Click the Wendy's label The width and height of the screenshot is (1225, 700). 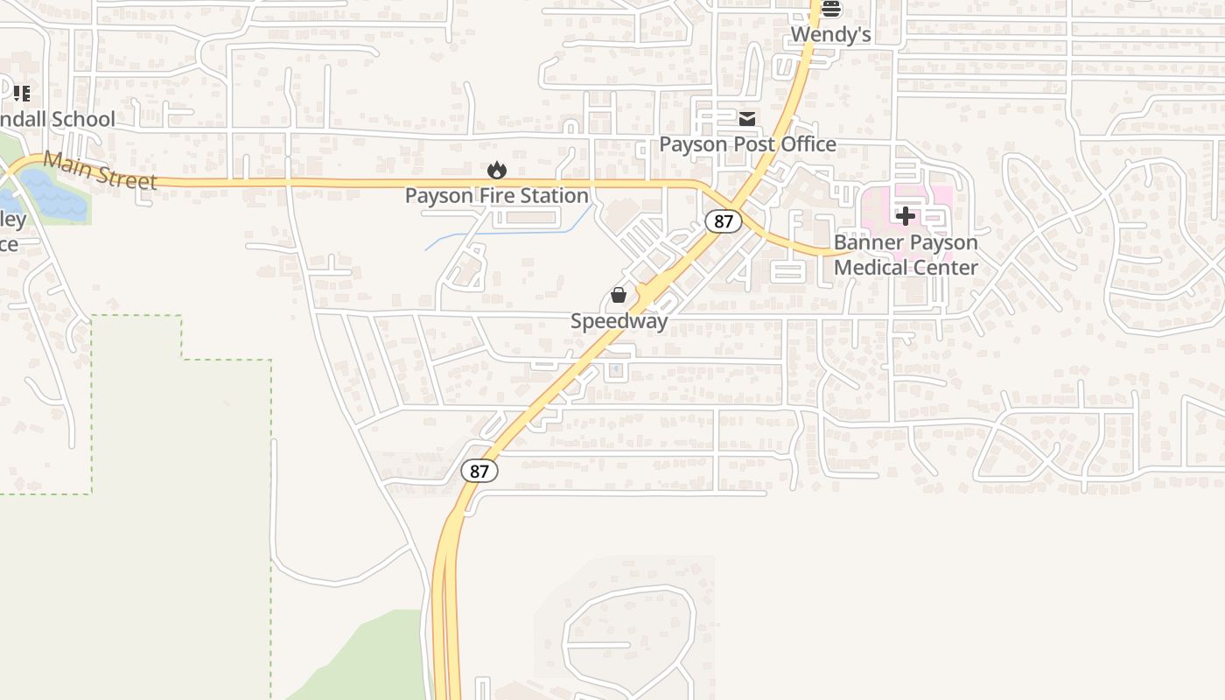coord(830,35)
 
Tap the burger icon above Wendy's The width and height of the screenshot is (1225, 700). coord(830,10)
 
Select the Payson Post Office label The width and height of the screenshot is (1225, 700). coord(747,144)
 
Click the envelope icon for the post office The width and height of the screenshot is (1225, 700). coord(746,119)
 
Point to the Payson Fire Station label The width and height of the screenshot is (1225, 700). coord(496,196)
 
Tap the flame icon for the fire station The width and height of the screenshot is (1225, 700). coord(497,170)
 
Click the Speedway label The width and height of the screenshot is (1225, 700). coord(619,321)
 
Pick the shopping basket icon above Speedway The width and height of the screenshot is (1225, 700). coord(619,295)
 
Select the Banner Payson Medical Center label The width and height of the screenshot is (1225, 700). coord(906,255)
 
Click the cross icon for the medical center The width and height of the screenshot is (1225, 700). coord(906,215)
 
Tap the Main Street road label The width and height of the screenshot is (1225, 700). coord(100,171)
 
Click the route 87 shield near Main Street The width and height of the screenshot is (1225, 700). coord(724,221)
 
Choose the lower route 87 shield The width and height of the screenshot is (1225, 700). coord(479,471)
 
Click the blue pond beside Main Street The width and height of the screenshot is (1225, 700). coord(54,197)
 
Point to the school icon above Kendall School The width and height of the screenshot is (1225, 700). coord(22,93)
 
